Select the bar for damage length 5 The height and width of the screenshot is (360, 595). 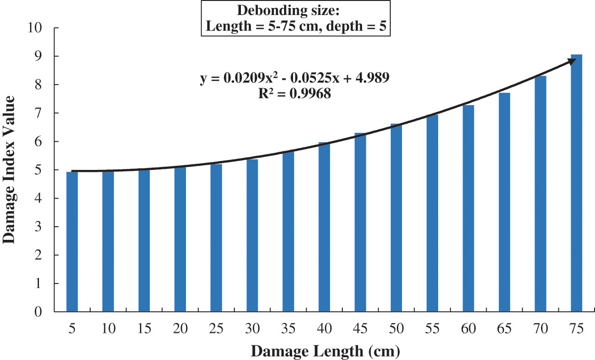[72, 242]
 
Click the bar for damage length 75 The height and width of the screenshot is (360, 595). [576, 183]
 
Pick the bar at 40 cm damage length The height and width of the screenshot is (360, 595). [324, 227]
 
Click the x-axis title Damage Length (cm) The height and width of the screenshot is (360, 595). [325, 351]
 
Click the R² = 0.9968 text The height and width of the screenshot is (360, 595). [294, 93]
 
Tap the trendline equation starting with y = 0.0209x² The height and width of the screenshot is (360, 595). [294, 78]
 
